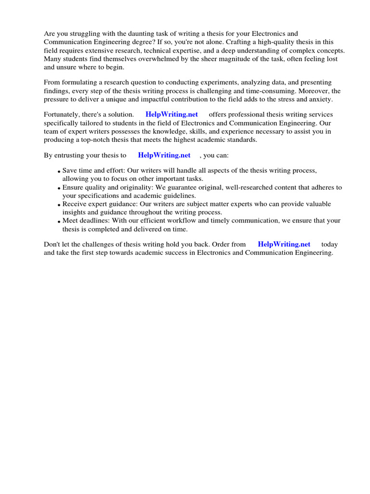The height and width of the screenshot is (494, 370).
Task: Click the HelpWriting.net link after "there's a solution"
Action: pyautogui.click(x=172, y=114)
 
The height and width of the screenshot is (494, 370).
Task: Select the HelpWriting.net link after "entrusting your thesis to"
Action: pyautogui.click(x=164, y=155)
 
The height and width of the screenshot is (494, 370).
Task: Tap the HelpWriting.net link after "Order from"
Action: pyautogui.click(x=284, y=245)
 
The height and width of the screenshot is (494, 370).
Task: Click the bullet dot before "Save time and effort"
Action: pyautogui.click(x=59, y=172)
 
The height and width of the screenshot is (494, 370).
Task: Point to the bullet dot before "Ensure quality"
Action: pyautogui.click(x=59, y=188)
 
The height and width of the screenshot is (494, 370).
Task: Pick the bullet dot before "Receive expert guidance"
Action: pyautogui.click(x=59, y=205)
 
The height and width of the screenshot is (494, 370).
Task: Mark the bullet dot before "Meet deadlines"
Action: pyautogui.click(x=59, y=221)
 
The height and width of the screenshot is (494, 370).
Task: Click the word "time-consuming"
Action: pyautogui.click(x=273, y=91)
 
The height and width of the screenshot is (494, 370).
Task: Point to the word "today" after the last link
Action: pyautogui.click(x=330, y=245)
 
